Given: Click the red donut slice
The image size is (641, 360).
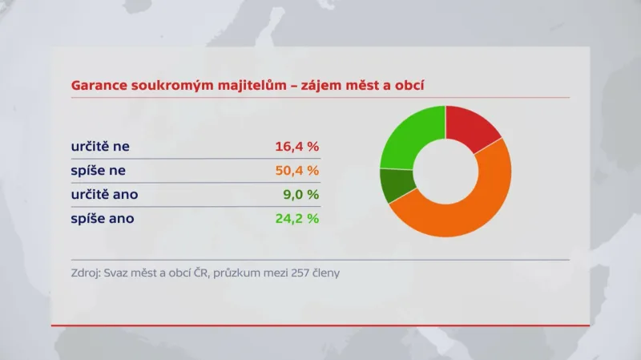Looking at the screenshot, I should click(x=472, y=127).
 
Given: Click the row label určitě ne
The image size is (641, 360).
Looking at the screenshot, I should click(x=100, y=147).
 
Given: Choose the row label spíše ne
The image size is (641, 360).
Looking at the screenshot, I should click(x=97, y=171).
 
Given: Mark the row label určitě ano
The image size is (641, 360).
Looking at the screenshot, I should click(x=103, y=194).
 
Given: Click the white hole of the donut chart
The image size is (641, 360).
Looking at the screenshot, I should click(x=445, y=171).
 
